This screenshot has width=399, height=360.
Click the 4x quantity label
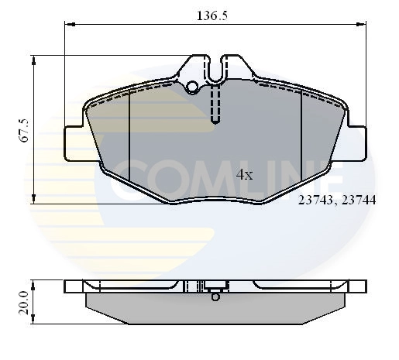click(x=244, y=175)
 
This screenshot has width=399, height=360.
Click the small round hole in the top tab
click(x=192, y=86)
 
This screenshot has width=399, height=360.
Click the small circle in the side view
click(x=215, y=297)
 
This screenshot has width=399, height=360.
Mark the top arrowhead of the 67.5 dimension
click(x=33, y=60)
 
